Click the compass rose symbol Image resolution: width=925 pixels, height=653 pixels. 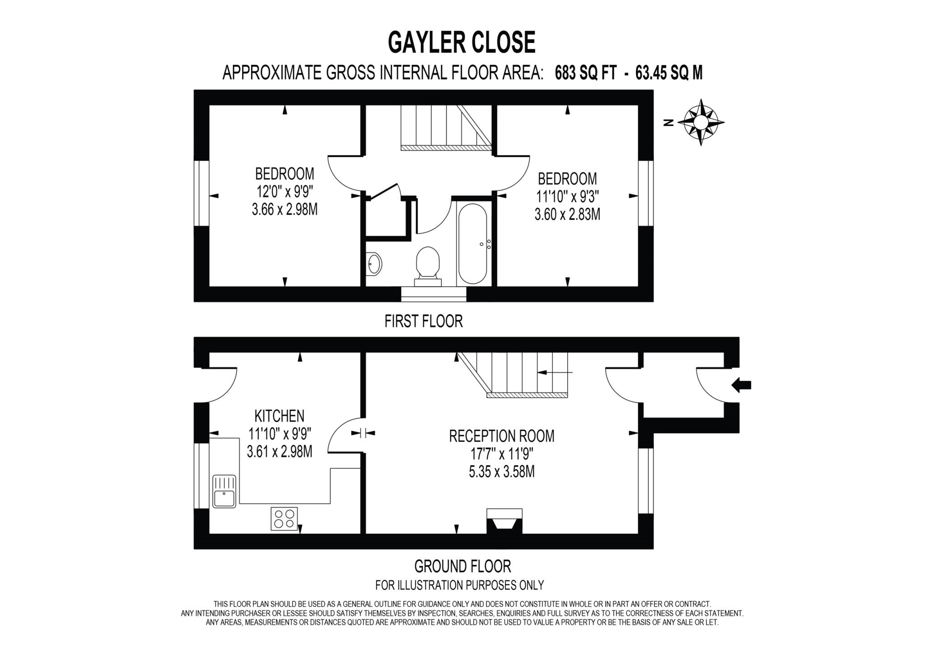pyautogui.click(x=701, y=122)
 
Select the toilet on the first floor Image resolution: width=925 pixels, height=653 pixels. pyautogui.click(x=427, y=266)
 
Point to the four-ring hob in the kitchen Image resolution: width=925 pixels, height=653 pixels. pyautogui.click(x=284, y=519)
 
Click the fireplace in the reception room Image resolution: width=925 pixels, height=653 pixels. pyautogui.click(x=504, y=522)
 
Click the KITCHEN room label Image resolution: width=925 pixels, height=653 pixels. pyautogui.click(x=279, y=415)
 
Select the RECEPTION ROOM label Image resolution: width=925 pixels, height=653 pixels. pyautogui.click(x=501, y=436)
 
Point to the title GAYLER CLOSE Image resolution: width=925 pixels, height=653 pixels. pyautogui.click(x=462, y=42)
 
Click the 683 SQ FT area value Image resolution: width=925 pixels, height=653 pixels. pyautogui.click(x=585, y=73)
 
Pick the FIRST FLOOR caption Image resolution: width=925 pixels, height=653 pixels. pyautogui.click(x=423, y=322)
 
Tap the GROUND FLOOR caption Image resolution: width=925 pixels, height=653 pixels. pyautogui.click(x=462, y=566)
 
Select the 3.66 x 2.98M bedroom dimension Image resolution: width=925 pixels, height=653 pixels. pyautogui.click(x=285, y=210)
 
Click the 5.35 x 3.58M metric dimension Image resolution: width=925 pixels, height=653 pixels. pyautogui.click(x=501, y=472)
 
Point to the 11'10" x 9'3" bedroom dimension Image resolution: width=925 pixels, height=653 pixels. pyautogui.click(x=567, y=197)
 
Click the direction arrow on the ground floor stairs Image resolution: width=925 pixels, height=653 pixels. pyautogui.click(x=555, y=373)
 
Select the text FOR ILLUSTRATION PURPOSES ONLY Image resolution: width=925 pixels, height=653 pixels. pyautogui.click(x=459, y=585)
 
